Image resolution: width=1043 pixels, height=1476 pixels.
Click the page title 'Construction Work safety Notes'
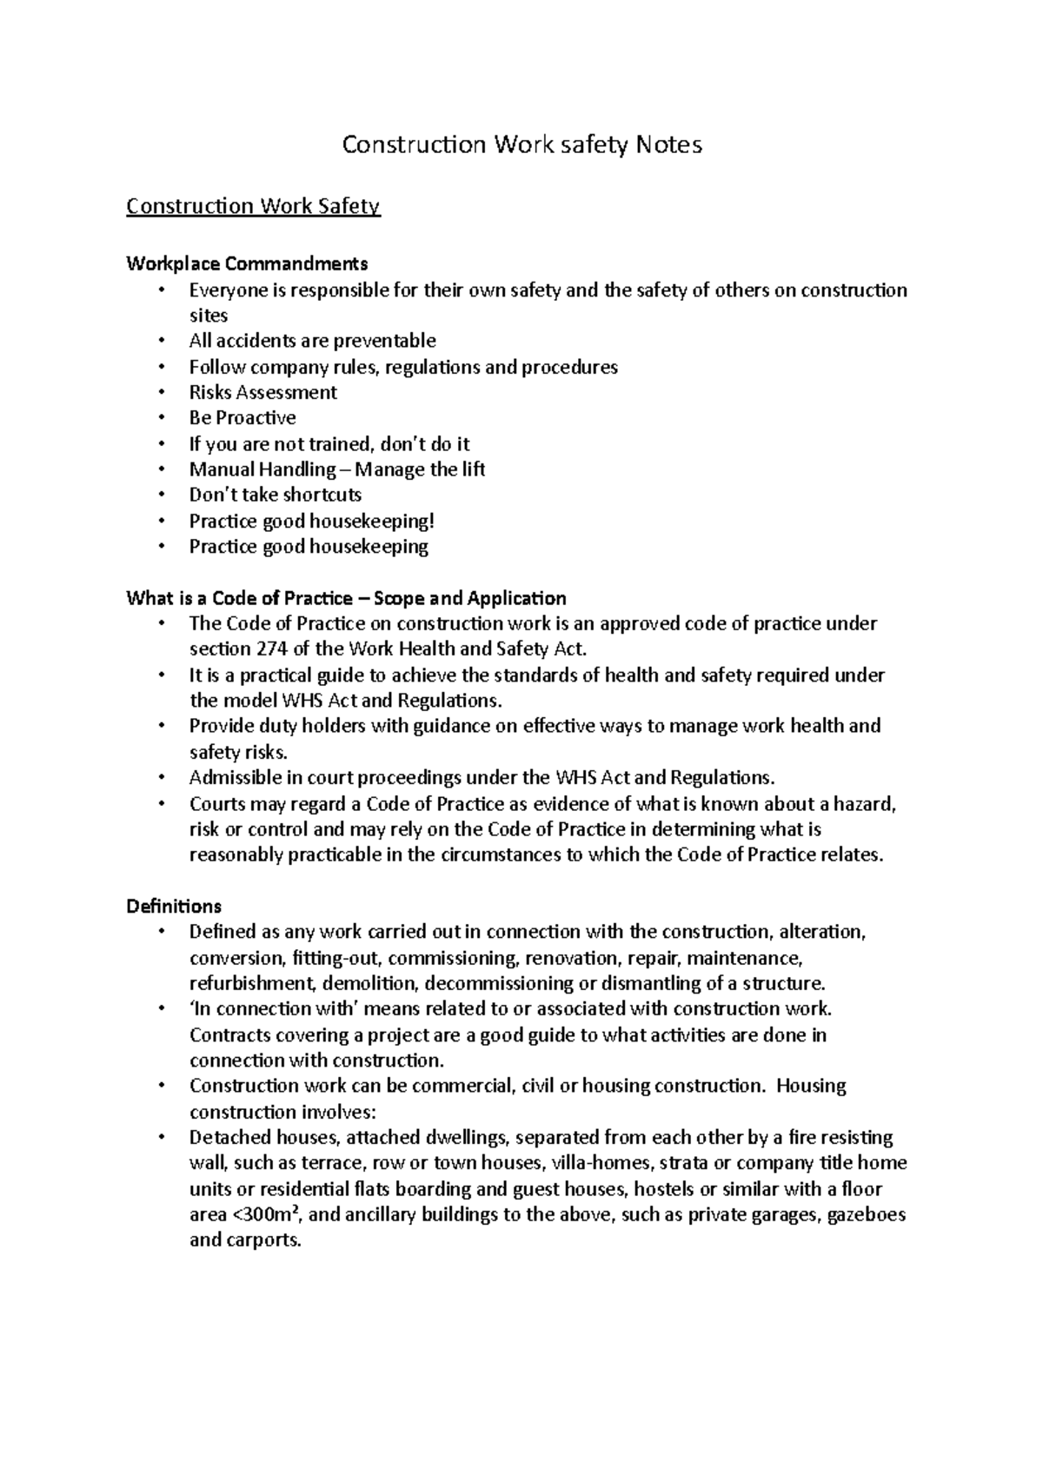coord(521,144)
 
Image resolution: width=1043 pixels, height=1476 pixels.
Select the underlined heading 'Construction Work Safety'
coord(253,207)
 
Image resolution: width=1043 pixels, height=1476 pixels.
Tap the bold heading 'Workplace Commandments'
coord(247,263)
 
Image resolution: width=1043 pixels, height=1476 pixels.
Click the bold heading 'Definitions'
coord(174,906)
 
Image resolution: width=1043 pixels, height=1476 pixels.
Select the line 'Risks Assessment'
coord(262,392)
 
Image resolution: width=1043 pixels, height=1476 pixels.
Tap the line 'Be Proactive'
coord(242,417)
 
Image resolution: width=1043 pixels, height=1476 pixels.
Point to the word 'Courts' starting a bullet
coord(217,803)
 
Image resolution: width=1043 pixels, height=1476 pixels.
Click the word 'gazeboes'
coord(867,1214)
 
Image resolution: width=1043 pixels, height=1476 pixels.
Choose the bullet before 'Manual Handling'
coord(161,469)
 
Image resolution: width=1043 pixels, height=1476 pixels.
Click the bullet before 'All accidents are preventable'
coord(161,341)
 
